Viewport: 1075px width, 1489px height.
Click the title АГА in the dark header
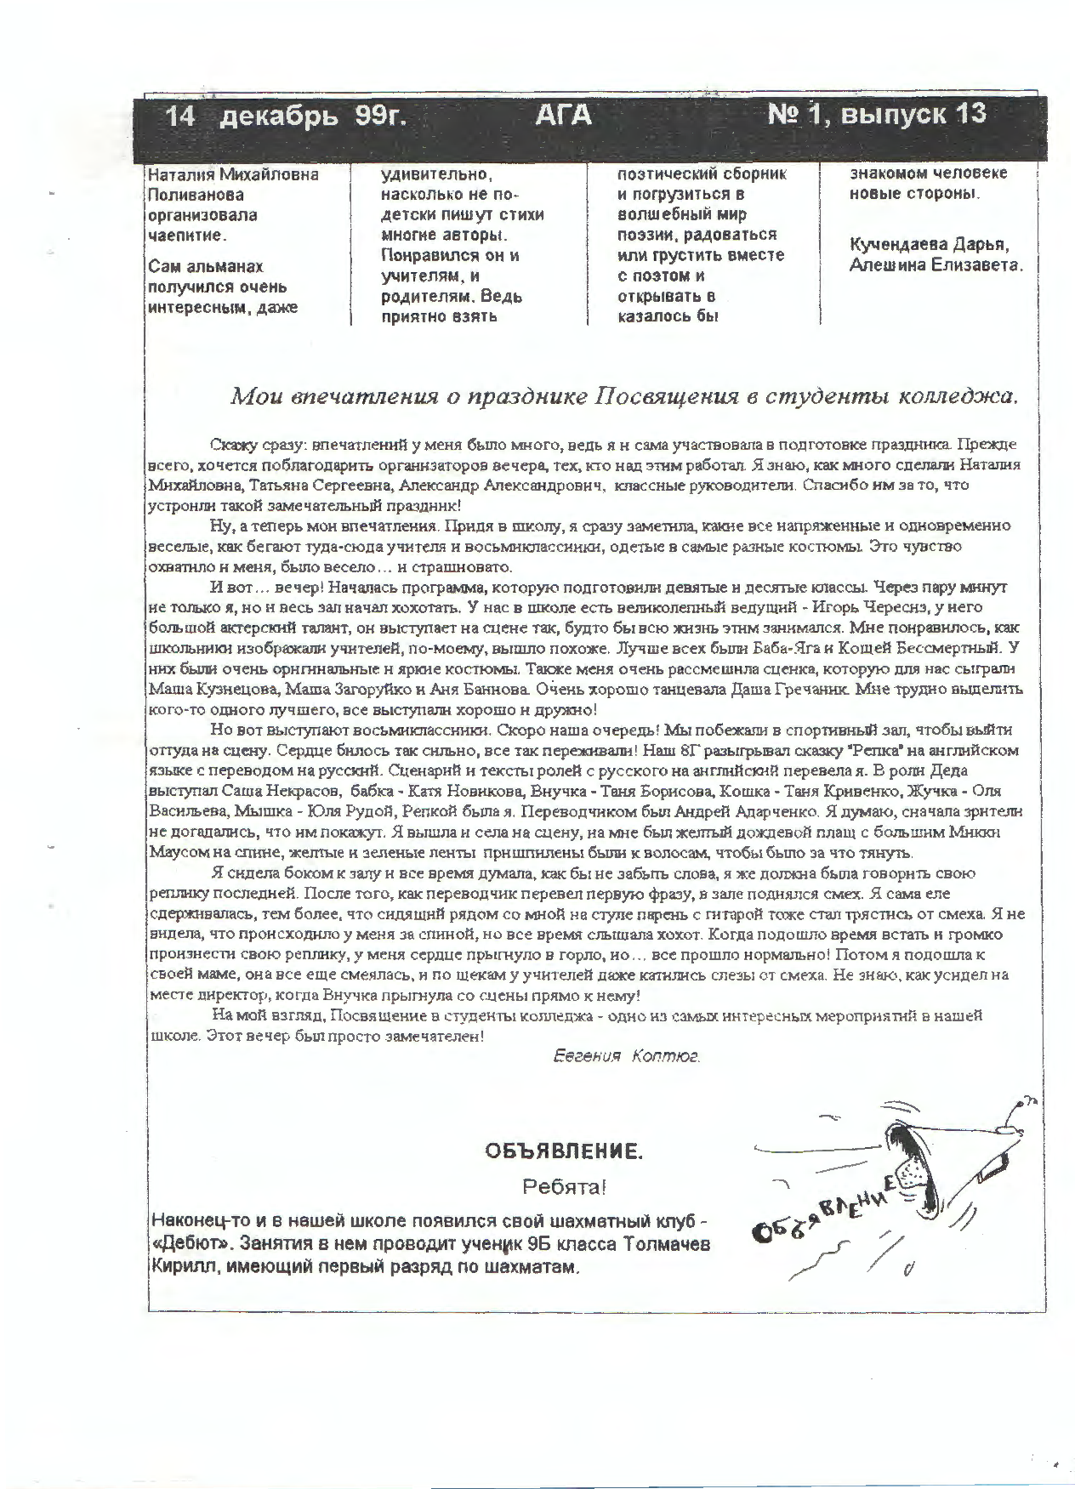tap(562, 116)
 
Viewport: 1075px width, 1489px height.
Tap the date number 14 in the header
tap(180, 116)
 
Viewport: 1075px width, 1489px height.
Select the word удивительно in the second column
tap(436, 174)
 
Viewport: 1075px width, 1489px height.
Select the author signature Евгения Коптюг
tap(626, 1056)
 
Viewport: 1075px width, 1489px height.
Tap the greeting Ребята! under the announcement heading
tap(564, 1186)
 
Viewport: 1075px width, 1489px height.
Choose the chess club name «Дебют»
tap(191, 1243)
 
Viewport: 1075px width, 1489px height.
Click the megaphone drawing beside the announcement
tap(953, 1174)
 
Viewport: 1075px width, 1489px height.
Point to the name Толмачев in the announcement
tap(667, 1244)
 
